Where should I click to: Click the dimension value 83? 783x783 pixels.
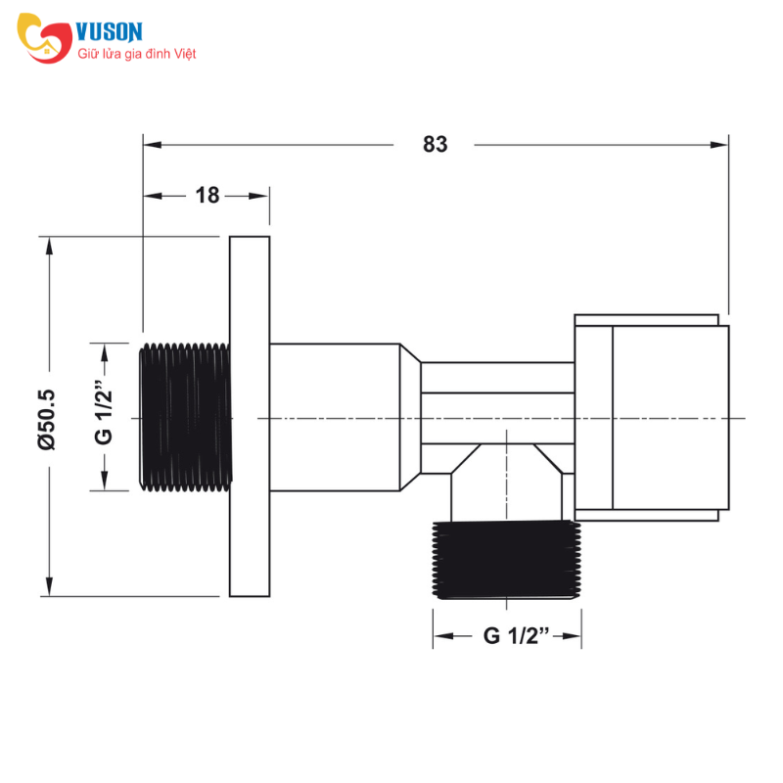(x=435, y=144)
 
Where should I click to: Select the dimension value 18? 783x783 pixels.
(x=207, y=195)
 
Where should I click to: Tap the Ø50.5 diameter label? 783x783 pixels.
(x=47, y=420)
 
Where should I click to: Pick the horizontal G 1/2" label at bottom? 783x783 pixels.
(x=517, y=635)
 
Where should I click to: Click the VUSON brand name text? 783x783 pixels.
(x=110, y=31)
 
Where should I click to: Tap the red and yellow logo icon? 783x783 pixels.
(x=44, y=38)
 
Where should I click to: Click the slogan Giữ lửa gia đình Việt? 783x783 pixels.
(x=136, y=54)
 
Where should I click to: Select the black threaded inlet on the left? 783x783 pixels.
(x=185, y=417)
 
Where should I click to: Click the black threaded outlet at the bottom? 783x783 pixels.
(x=506, y=560)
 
